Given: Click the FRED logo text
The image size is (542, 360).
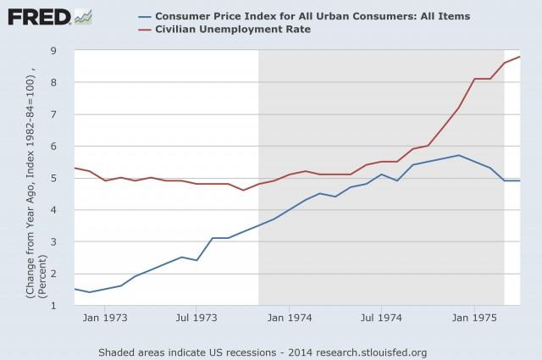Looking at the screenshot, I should (x=36, y=16).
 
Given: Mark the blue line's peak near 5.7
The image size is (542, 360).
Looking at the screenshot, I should (x=459, y=155).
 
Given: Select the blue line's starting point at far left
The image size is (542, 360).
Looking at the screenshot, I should (x=75, y=289).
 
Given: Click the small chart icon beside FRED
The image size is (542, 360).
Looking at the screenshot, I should (x=84, y=15).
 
